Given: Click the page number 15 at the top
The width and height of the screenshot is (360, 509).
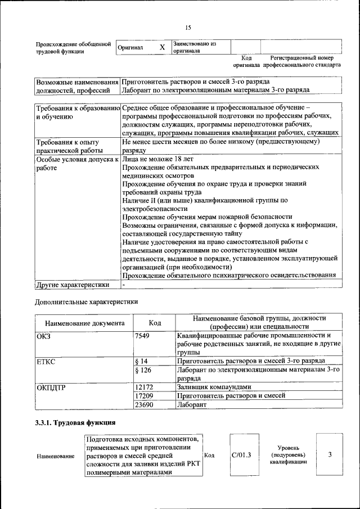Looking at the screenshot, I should pyautogui.click(x=188, y=28).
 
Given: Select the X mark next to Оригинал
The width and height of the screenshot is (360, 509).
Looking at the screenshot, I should pyautogui.click(x=162, y=47).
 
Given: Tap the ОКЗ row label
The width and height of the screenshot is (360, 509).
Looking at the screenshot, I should pyautogui.click(x=43, y=336).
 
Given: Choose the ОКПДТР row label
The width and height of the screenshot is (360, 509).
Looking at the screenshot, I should pyautogui.click(x=51, y=387).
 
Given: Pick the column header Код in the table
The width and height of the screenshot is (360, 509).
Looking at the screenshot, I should pyautogui.click(x=155, y=323).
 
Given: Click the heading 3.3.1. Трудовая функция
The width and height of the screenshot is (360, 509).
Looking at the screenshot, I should pyautogui.click(x=75, y=422).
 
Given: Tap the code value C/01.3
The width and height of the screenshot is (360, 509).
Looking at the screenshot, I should pyautogui.click(x=241, y=454).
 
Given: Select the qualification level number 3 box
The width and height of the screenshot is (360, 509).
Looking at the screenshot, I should pyautogui.click(x=330, y=454).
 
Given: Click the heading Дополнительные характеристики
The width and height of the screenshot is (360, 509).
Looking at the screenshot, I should pyautogui.click(x=87, y=301).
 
